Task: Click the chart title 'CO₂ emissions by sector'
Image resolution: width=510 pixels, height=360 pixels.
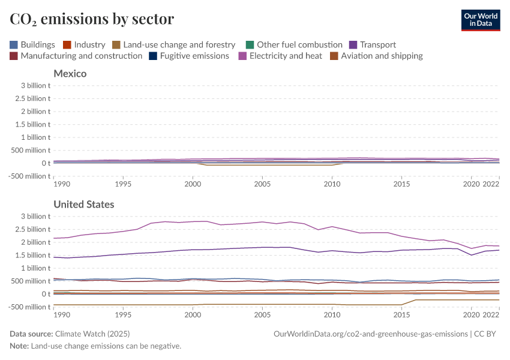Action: (92, 19)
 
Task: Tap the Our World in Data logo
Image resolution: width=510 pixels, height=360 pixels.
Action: (481, 19)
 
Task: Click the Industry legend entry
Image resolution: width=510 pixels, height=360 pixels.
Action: (84, 44)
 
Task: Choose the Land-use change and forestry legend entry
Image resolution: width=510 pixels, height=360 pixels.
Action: (173, 44)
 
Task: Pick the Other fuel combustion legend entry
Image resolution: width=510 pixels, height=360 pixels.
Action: (294, 44)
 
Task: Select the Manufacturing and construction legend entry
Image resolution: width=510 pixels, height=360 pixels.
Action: (76, 56)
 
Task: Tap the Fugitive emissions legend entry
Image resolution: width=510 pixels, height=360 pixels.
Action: (189, 56)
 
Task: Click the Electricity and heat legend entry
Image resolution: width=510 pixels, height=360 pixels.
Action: (280, 56)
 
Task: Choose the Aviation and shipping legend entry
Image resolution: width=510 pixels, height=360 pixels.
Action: (376, 56)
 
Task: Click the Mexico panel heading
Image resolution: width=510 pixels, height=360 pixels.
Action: (70, 74)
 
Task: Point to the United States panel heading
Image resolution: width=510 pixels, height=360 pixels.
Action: (84, 205)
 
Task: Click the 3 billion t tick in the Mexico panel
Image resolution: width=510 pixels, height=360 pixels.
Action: (34, 85)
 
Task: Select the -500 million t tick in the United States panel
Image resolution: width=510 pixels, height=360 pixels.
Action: (29, 307)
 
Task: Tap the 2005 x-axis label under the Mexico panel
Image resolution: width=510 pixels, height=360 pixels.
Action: (262, 183)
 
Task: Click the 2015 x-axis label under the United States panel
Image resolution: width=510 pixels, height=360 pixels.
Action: (401, 314)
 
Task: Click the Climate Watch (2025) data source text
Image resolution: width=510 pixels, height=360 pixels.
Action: (92, 334)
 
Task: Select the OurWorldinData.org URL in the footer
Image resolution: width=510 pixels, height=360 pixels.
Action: (370, 334)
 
